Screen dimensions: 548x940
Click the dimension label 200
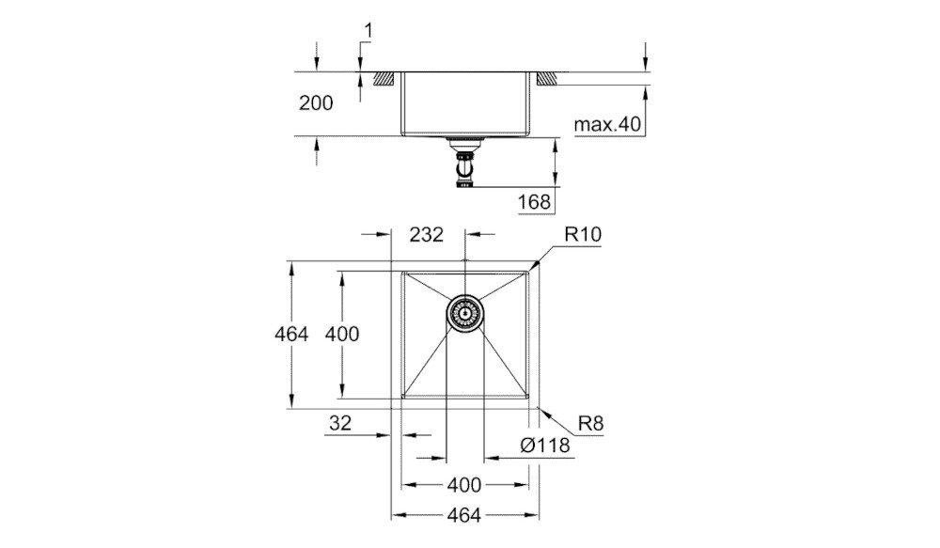pos(316,103)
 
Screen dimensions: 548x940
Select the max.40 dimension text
pos(607,123)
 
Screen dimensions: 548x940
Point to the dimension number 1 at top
pos(368,32)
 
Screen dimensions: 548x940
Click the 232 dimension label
pos(426,235)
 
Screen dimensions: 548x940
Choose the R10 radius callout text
pos(583,235)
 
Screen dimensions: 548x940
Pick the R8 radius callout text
pos(590,424)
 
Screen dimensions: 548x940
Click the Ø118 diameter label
pos(544,446)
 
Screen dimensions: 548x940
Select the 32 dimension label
pos(339,424)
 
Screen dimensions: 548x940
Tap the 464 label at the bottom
pos(463,515)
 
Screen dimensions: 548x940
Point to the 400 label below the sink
pos(463,485)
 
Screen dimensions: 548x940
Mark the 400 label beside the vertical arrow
pos(342,333)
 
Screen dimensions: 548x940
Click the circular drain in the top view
pos(464,311)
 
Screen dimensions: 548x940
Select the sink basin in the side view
pos(464,103)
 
